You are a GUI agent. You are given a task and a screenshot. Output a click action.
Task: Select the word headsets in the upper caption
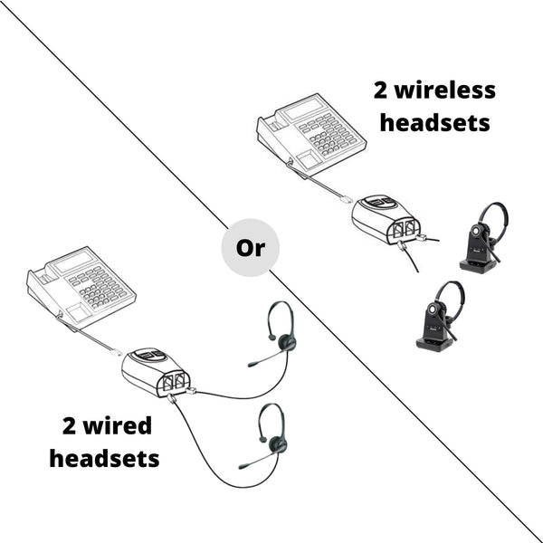point(434,122)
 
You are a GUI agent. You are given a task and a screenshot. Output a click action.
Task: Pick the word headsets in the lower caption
point(104,458)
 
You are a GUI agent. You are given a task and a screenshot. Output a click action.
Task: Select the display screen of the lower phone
point(73,262)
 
